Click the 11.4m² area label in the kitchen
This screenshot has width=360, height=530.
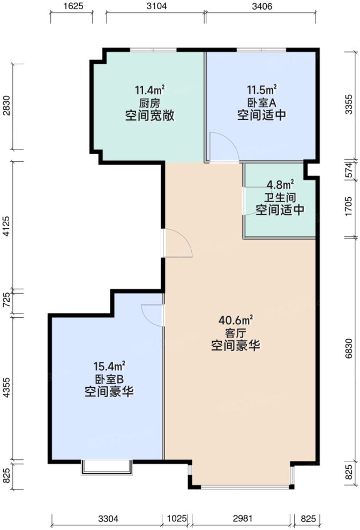click(149, 90)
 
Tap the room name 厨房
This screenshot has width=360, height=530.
click(149, 103)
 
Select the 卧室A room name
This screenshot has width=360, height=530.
click(261, 103)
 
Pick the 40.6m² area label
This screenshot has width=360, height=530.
click(236, 320)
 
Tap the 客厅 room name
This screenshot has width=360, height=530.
click(236, 333)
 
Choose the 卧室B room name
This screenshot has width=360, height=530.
click(109, 379)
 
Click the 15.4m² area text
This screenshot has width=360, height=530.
click(109, 367)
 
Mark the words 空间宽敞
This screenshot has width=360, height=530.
click(149, 116)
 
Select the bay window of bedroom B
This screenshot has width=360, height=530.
click(106, 467)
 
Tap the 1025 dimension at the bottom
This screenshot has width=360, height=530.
click(177, 519)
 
